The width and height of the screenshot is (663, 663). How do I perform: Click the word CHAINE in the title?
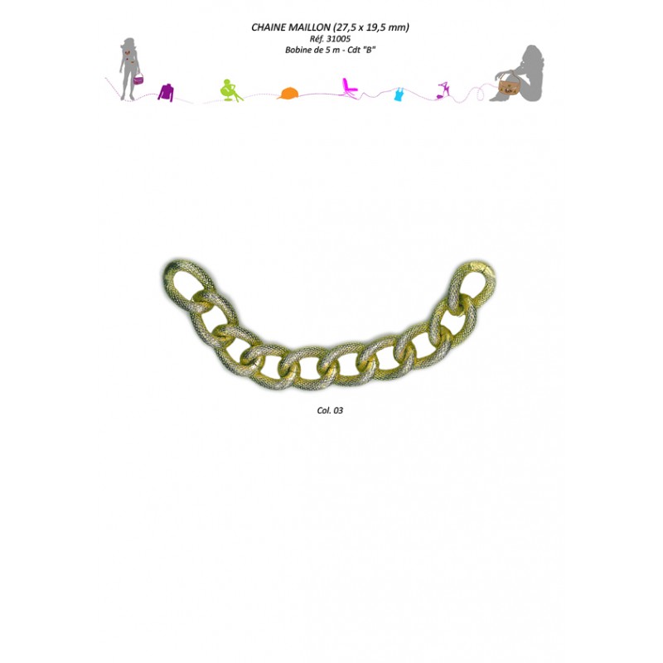(269, 27)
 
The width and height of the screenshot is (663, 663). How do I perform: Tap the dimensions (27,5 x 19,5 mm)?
(372, 27)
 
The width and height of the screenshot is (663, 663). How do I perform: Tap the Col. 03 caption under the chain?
(330, 410)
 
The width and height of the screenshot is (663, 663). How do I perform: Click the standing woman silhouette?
(128, 68)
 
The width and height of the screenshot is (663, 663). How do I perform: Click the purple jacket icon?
(167, 92)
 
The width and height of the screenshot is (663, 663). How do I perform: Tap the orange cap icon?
(288, 93)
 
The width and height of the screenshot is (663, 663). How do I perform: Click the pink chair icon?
(349, 87)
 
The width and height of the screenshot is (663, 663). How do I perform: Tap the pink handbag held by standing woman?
(138, 80)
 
